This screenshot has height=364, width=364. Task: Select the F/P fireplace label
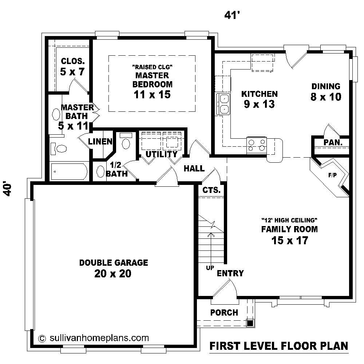click(x=332, y=175)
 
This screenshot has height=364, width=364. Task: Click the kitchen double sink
click(x=223, y=104)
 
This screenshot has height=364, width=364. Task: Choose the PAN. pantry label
click(x=333, y=143)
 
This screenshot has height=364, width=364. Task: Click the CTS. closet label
click(x=211, y=190)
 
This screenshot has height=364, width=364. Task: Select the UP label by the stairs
click(x=210, y=268)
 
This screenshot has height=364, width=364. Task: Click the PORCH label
click(x=224, y=312)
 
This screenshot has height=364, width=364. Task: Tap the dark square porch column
click(x=250, y=323)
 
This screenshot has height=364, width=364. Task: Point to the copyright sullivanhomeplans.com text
click(x=94, y=337)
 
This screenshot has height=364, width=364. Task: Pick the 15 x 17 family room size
click(x=289, y=240)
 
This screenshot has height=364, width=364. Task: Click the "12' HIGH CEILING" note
click(x=290, y=220)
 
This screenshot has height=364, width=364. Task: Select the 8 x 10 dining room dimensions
click(x=326, y=97)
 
